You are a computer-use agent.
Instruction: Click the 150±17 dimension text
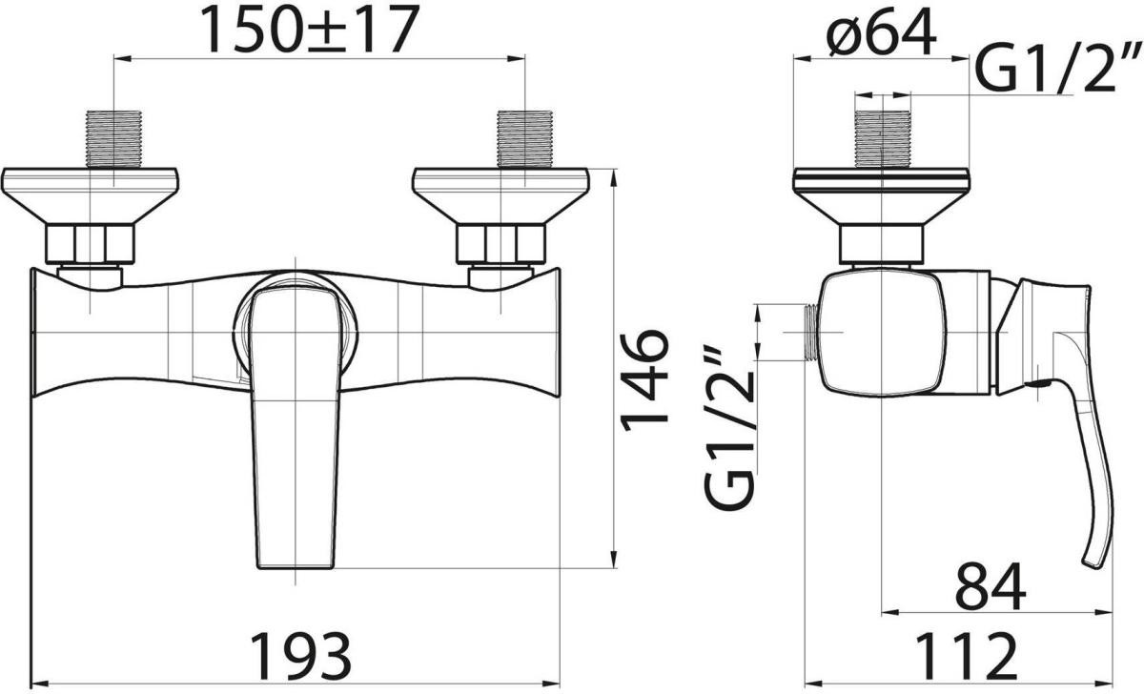310,29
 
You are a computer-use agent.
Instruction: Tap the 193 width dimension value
302,656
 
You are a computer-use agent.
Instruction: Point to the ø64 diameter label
882,32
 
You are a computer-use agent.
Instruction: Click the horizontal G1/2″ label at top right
1057,68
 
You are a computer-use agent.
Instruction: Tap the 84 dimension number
991,586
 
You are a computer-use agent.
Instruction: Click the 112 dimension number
966,656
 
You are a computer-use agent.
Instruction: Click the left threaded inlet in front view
113,139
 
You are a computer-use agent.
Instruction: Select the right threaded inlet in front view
525,139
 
